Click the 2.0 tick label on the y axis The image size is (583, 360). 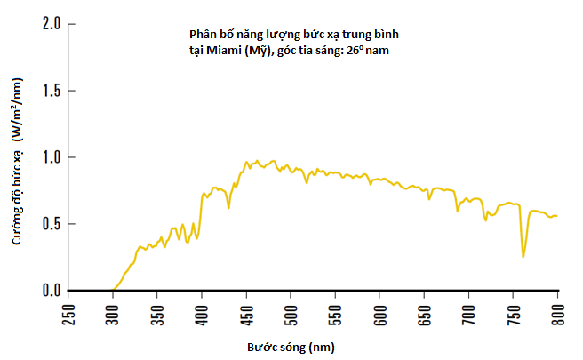(51, 24)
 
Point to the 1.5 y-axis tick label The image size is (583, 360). (51, 91)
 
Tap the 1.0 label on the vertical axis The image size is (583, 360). (51, 157)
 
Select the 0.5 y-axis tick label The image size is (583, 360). (51, 224)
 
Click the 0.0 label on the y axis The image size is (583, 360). (51, 291)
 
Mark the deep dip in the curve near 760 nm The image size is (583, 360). (523, 257)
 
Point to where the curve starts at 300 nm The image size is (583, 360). (114, 290)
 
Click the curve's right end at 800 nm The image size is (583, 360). (557, 216)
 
